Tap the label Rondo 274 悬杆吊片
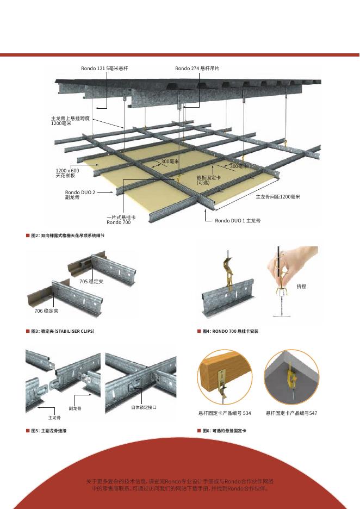pos(197,69)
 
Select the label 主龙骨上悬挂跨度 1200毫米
pos(70,121)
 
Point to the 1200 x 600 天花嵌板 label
pos(67,173)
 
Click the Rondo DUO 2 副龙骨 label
pos(80,195)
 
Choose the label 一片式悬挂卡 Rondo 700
pos(121,220)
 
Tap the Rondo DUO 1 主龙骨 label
pos(238,221)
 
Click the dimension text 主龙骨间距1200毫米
pos(278,196)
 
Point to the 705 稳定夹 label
pos(91,281)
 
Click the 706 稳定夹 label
pos(47,310)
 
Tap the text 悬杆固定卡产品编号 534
pos(225,414)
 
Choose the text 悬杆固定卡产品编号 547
pos(291,414)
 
